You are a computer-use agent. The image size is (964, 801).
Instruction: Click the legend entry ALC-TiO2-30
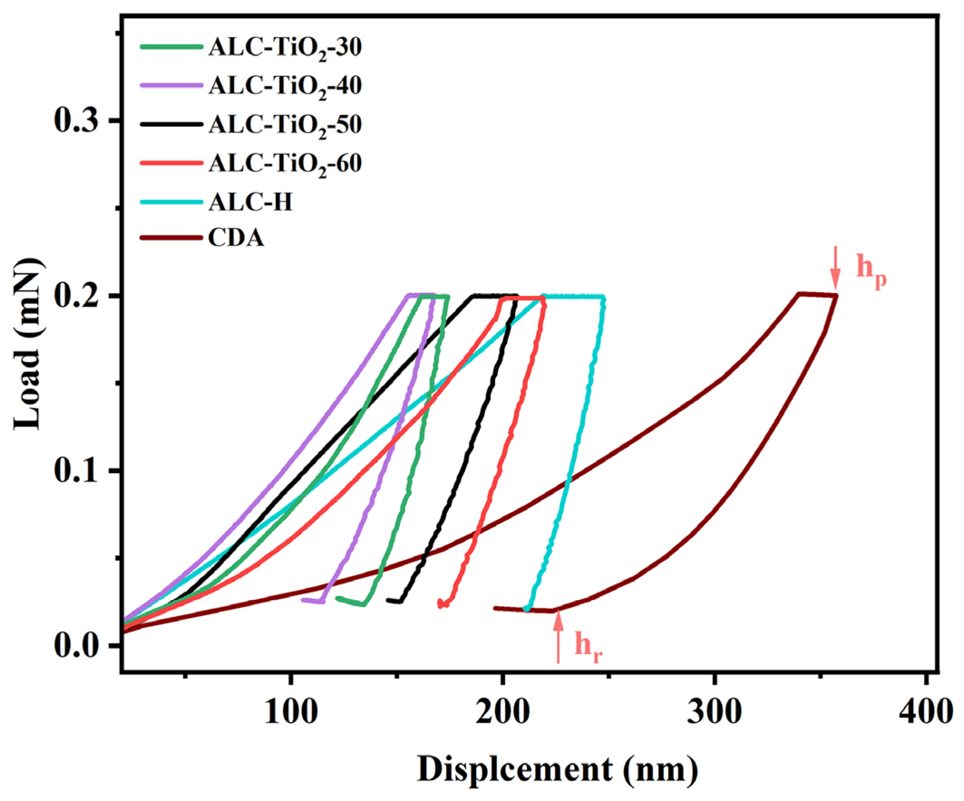[x=284, y=47]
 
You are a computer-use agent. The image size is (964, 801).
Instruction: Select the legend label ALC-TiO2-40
[x=284, y=86]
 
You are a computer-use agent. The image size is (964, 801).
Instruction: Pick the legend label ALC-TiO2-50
[x=284, y=125]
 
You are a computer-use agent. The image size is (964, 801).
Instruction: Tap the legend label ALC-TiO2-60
[x=284, y=164]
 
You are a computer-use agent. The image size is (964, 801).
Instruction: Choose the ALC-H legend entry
[x=250, y=202]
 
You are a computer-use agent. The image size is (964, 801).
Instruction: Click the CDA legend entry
[x=236, y=238]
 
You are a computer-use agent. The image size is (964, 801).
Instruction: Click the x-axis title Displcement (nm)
[x=558, y=769]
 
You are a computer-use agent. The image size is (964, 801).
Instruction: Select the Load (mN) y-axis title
[x=29, y=344]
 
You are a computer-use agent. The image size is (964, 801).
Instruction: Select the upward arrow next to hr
[x=558, y=638]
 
